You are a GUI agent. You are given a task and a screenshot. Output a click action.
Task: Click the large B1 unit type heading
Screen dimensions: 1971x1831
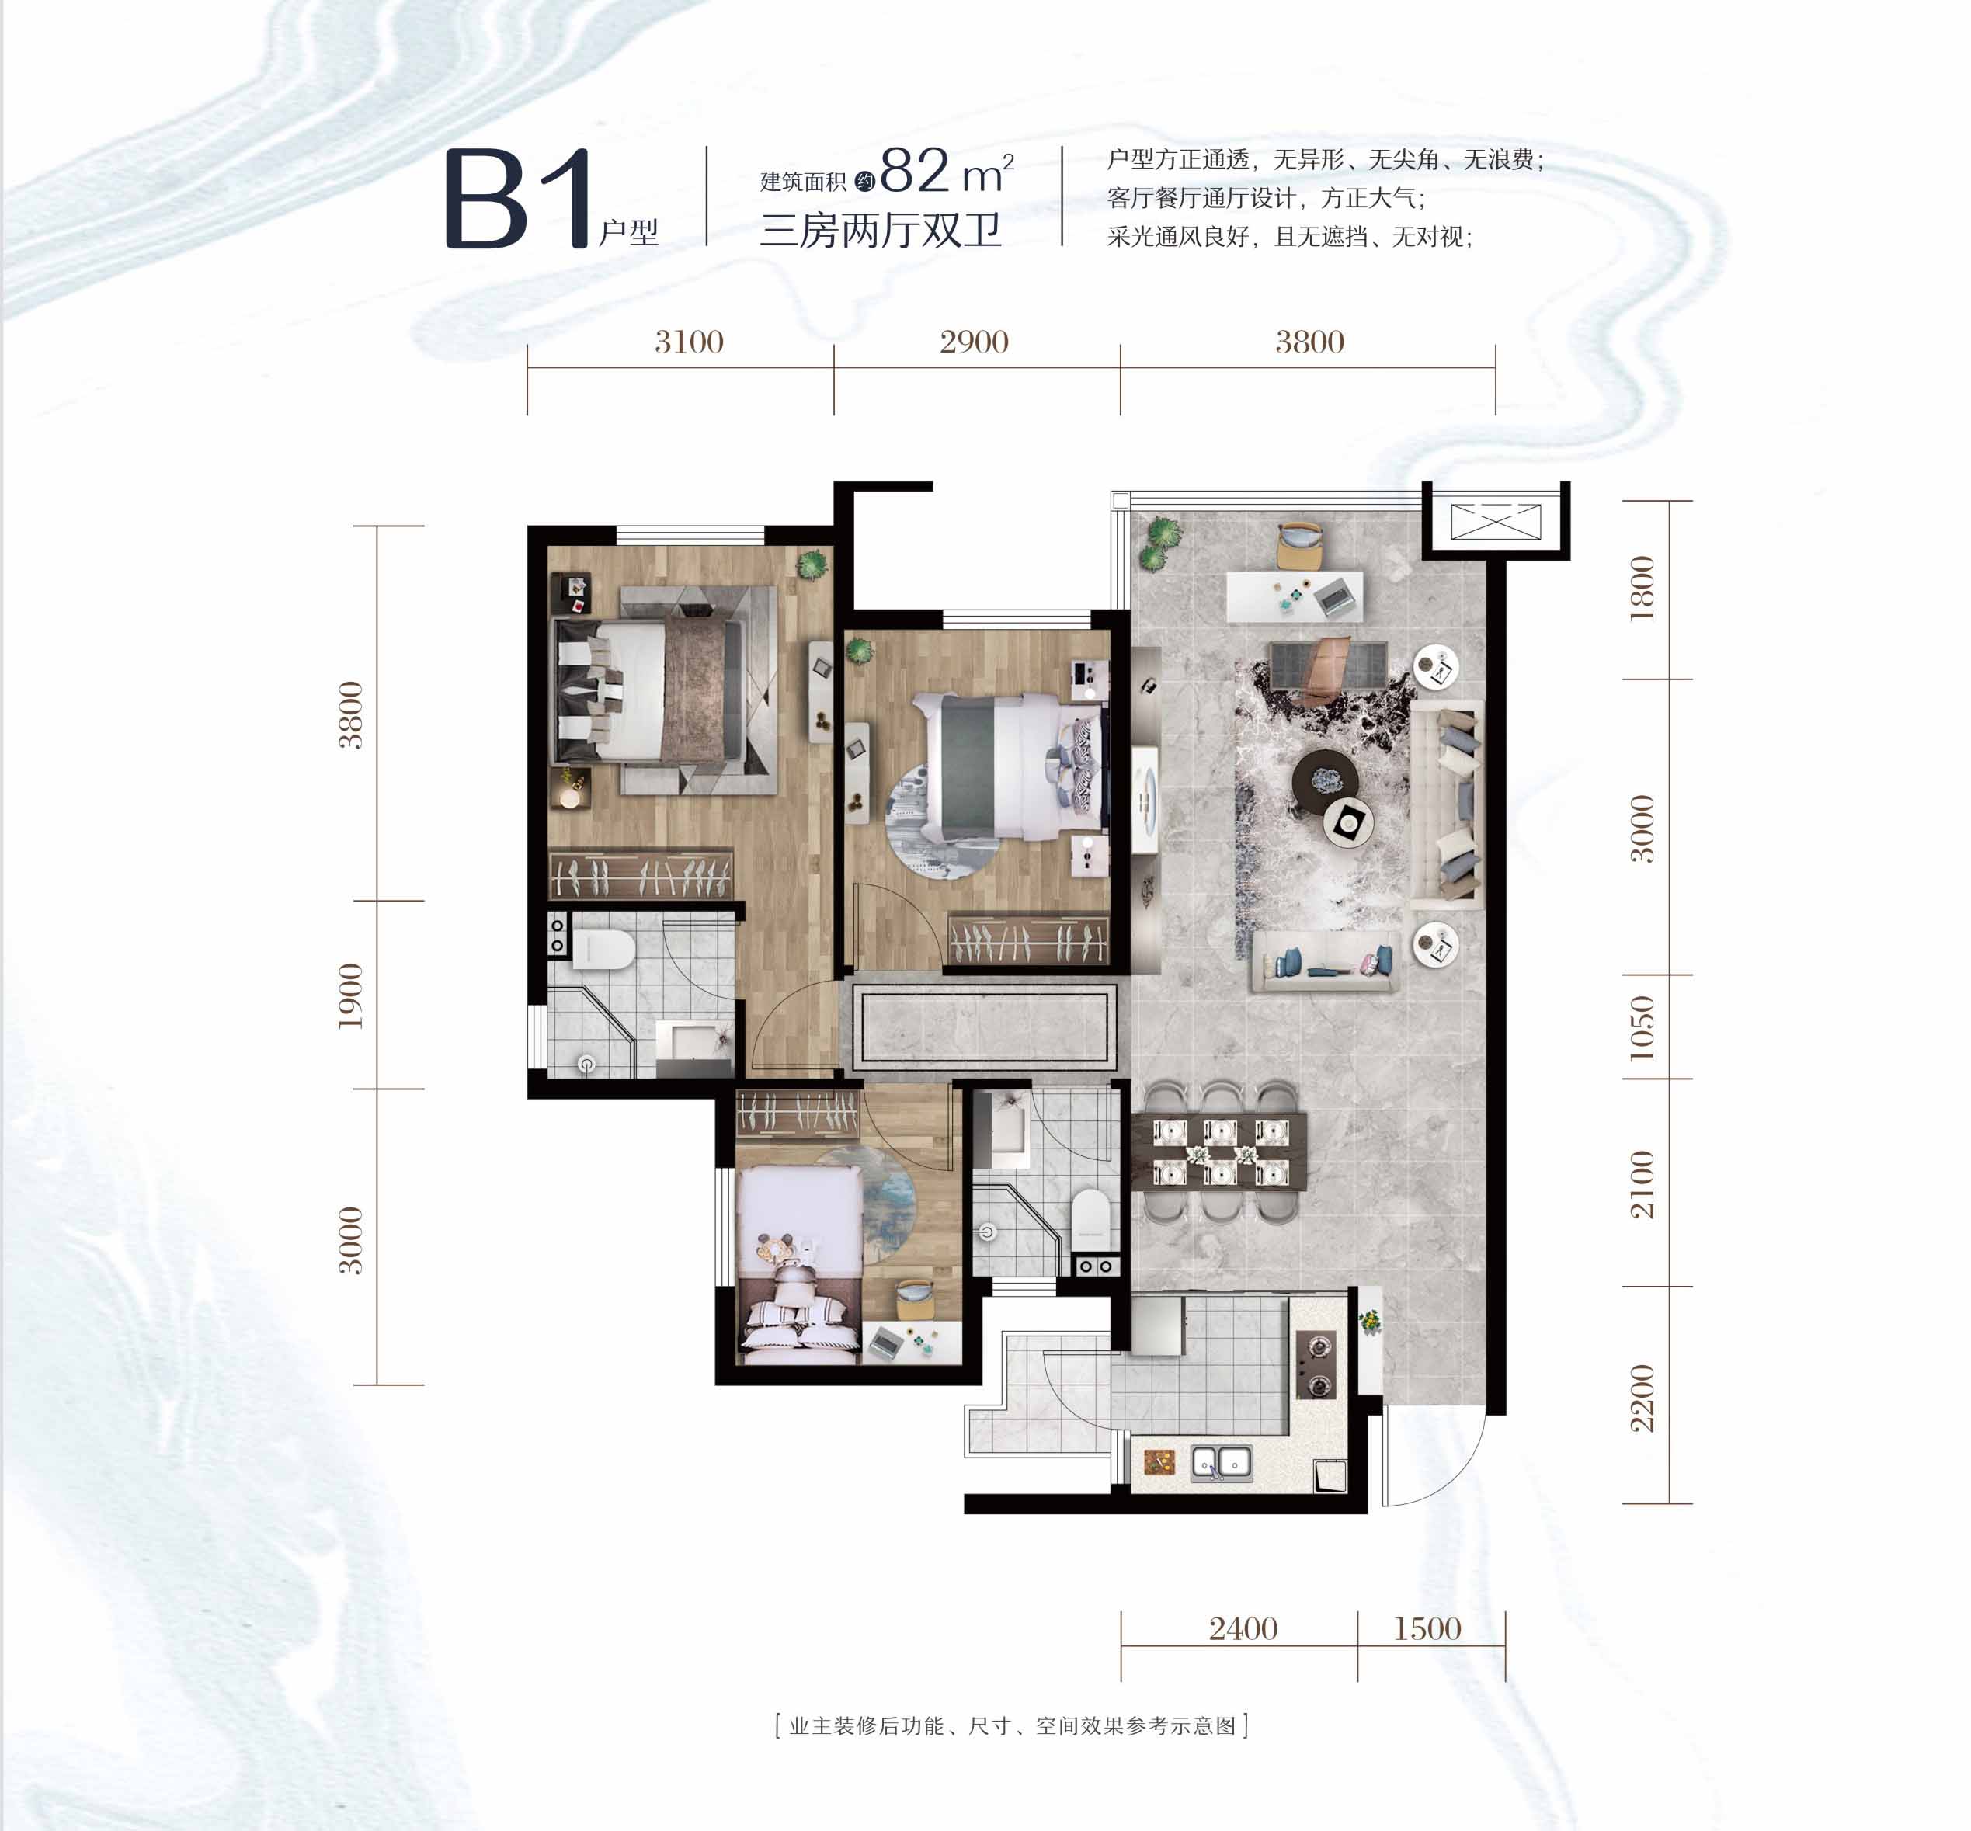click(x=520, y=198)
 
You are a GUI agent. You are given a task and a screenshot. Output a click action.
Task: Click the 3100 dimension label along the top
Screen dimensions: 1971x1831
click(x=689, y=342)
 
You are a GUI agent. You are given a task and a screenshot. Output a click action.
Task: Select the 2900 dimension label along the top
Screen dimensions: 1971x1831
click(x=974, y=342)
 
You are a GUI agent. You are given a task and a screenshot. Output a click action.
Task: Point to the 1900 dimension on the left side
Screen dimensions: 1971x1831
click(x=351, y=995)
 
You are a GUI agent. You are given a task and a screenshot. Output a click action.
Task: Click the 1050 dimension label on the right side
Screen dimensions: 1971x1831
click(x=1641, y=1027)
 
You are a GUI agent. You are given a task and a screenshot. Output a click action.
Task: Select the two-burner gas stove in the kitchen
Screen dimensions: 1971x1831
click(x=1317, y=1364)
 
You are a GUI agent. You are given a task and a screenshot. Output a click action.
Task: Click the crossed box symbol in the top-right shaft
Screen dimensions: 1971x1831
click(x=1496, y=521)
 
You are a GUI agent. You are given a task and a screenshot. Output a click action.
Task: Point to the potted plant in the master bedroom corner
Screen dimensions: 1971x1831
click(x=812, y=565)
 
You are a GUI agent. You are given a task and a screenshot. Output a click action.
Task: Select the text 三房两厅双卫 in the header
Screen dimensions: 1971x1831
click(x=881, y=231)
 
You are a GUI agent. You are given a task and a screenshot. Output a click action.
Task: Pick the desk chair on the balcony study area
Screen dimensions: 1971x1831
click(x=1301, y=545)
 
